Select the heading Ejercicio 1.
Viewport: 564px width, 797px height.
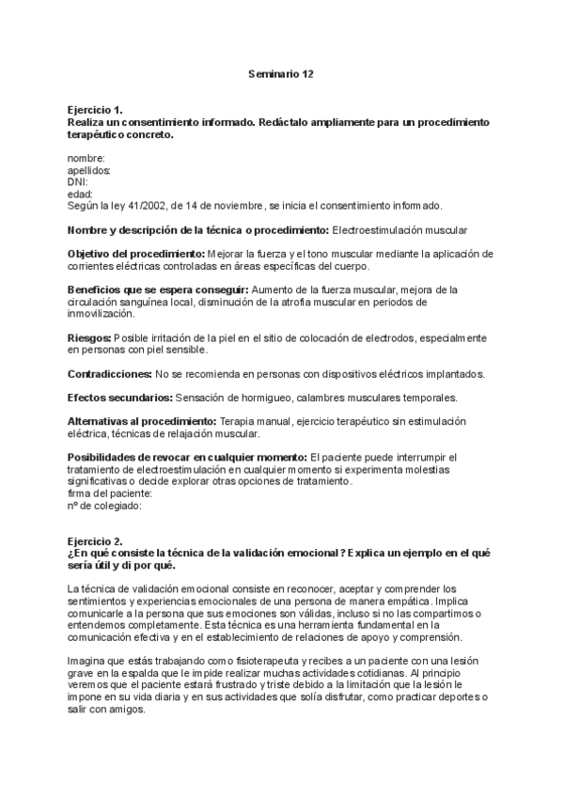95,111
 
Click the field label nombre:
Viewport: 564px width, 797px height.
86,159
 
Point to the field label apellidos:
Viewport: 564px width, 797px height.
89,170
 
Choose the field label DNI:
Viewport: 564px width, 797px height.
78,181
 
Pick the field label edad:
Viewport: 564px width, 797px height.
81,194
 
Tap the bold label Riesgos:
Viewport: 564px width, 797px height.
89,337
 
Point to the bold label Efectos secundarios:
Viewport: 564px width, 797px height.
119,398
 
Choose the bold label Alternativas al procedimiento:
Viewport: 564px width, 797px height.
142,421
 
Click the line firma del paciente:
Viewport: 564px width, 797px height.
110,492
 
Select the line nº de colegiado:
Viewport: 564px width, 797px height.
104,505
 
